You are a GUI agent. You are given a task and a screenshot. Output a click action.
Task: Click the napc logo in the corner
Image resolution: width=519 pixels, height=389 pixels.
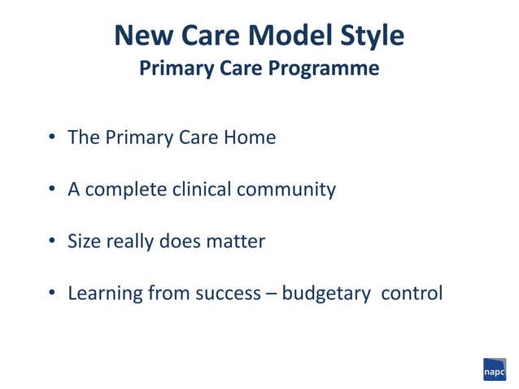pyautogui.click(x=494, y=369)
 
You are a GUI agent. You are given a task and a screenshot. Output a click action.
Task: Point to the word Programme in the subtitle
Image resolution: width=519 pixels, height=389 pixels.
pyautogui.click(x=327, y=69)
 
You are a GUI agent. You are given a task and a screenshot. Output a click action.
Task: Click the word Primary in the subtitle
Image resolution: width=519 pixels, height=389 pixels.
pyautogui.click(x=173, y=69)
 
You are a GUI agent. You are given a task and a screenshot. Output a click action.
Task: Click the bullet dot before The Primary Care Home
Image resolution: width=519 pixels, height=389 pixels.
pyautogui.click(x=50, y=138)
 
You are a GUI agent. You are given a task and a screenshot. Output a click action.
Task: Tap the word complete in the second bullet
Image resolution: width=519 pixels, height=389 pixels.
pyautogui.click(x=126, y=190)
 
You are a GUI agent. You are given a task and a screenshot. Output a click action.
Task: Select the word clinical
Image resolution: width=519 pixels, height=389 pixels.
pyautogui.click(x=202, y=190)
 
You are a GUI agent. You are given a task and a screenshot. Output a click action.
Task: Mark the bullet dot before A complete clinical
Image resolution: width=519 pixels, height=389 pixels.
pyautogui.click(x=50, y=190)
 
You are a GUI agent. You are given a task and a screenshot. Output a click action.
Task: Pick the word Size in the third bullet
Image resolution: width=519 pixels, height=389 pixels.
pyautogui.click(x=84, y=242)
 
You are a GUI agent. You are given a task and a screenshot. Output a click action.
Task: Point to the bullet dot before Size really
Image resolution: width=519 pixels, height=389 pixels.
pyautogui.click(x=50, y=243)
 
